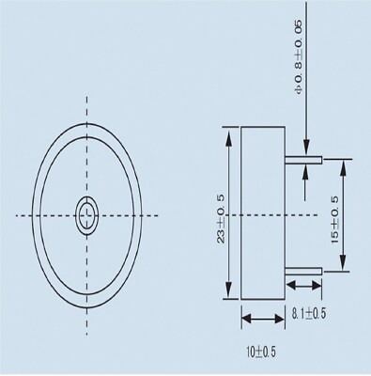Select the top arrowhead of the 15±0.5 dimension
coord(343,164)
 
